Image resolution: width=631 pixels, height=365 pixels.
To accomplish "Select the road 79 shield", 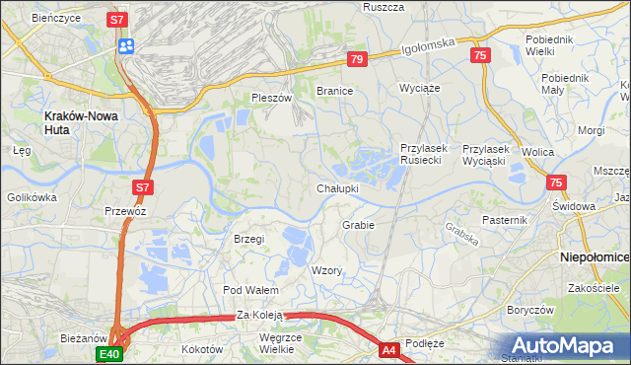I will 357,60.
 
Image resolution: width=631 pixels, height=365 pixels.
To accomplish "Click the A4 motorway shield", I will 388,349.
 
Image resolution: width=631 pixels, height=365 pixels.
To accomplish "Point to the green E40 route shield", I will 108,353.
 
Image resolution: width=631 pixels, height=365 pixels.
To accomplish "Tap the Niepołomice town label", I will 595,255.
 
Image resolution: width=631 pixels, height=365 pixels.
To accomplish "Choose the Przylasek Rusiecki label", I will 424,154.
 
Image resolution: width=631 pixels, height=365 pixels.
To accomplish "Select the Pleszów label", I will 272,99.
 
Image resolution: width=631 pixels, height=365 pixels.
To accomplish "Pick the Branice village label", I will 334,91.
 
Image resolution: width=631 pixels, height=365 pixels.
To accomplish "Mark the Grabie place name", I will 358,225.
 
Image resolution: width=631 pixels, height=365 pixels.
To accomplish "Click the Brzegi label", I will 249,239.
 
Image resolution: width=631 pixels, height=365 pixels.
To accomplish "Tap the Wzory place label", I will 325,270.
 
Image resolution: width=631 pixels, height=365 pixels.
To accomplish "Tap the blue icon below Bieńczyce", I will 125,45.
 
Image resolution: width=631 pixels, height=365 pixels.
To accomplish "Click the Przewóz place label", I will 125,211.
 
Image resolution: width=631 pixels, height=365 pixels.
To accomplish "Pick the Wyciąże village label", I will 418,88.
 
